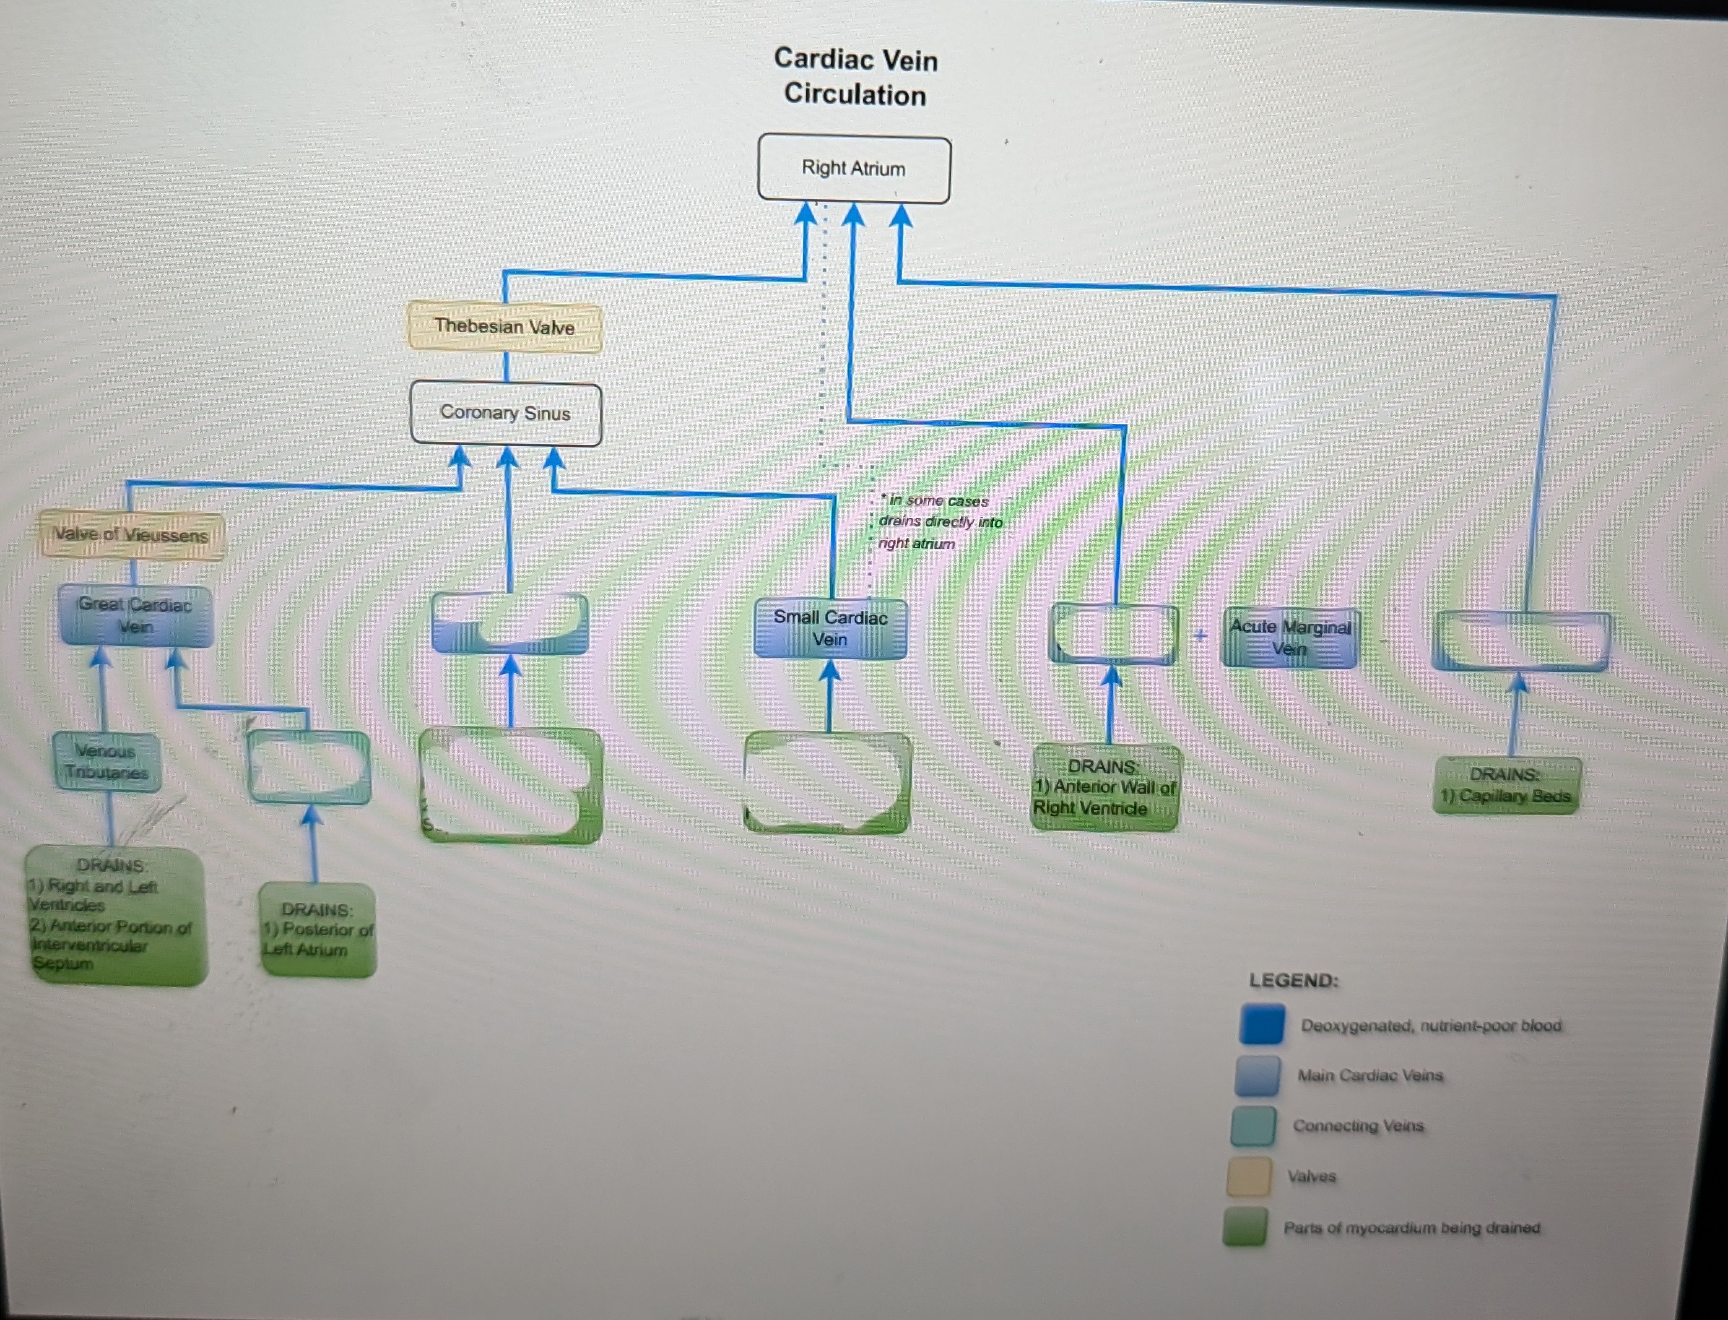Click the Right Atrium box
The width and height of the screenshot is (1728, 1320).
[853, 168]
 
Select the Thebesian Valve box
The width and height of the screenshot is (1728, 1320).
[505, 327]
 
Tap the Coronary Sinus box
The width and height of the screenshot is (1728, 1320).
[505, 413]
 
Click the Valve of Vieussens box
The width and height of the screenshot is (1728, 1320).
[131, 535]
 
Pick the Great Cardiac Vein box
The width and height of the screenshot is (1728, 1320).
[135, 616]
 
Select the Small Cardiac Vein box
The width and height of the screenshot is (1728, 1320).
[830, 629]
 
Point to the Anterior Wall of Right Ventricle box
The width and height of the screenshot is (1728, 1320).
[1105, 787]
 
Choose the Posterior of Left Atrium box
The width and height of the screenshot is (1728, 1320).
[318, 930]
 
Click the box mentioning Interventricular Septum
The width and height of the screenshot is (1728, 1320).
[116, 916]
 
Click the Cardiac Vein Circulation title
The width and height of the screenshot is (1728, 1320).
[856, 77]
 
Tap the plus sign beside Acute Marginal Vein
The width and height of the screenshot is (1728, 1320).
[1200, 635]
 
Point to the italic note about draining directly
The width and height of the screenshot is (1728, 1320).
[939, 522]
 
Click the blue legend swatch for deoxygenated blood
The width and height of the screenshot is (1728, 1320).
[1262, 1025]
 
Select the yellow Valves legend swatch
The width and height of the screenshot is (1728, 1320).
[1249, 1177]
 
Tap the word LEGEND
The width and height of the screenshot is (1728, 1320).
[1293, 981]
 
